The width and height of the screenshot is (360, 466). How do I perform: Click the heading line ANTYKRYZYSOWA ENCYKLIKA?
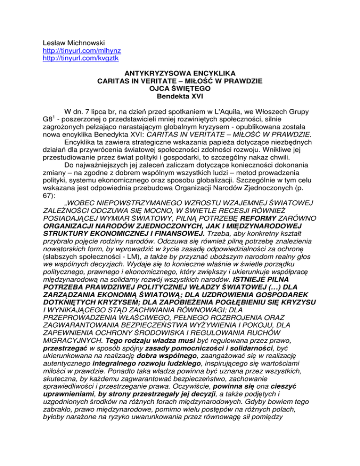pos(180,73)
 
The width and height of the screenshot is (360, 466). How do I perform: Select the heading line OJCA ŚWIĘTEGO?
pos(180,89)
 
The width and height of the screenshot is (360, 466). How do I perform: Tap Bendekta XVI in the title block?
pos(180,96)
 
